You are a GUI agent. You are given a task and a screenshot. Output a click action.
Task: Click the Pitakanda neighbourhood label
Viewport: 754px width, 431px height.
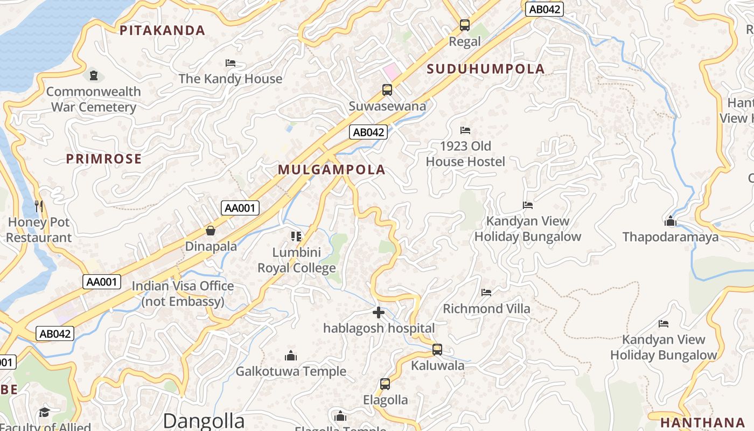pos(162,31)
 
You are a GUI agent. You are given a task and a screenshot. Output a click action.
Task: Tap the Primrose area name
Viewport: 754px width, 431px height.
pos(104,159)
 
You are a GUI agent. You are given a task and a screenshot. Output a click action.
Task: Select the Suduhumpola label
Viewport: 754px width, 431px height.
pos(486,69)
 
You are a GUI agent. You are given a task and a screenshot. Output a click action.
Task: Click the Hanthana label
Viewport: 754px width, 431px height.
pos(702,422)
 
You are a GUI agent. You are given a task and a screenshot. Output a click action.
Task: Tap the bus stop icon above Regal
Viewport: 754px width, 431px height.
pos(464,25)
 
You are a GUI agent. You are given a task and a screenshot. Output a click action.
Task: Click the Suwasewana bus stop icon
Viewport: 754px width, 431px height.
pos(387,90)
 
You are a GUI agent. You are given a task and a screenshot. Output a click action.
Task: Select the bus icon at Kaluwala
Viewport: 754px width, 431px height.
pos(437,350)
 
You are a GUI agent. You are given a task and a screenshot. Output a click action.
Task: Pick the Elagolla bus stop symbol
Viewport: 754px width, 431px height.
pos(385,384)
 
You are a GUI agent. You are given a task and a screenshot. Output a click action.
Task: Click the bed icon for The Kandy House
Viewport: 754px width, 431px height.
pos(231,63)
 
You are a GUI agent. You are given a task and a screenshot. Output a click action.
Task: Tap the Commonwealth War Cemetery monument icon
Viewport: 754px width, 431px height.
pos(94,75)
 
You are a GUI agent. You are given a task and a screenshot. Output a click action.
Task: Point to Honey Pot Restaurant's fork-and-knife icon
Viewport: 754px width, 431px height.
pos(39,206)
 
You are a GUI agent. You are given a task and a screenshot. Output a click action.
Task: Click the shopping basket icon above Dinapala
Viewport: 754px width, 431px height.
pos(211,231)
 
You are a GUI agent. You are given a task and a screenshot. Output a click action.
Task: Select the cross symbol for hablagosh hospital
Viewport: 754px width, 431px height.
pos(379,312)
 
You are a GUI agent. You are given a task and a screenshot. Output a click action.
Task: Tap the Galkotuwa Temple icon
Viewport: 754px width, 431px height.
pos(291,356)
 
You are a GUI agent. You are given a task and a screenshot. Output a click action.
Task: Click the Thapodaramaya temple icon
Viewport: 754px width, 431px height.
pos(671,221)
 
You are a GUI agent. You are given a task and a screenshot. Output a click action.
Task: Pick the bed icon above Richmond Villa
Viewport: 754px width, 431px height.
pos(486,293)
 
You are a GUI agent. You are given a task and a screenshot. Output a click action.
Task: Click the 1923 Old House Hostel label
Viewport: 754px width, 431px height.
pos(465,154)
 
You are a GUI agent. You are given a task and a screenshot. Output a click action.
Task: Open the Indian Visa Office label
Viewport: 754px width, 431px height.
pos(183,294)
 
